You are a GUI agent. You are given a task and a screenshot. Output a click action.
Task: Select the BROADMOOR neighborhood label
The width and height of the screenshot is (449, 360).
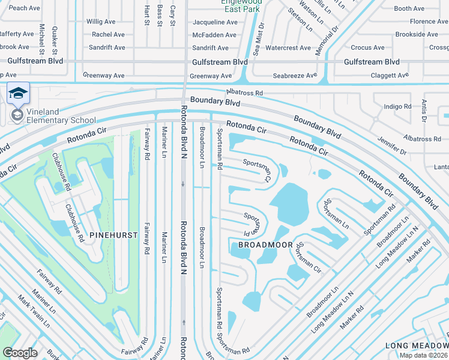(265, 245)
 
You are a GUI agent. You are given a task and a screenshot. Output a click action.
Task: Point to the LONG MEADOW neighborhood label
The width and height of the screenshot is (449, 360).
(416, 345)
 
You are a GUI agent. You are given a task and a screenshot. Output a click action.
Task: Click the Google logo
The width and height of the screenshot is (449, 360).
(20, 352)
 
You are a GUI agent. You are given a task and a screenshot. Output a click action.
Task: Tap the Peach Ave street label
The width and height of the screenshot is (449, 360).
(25, 8)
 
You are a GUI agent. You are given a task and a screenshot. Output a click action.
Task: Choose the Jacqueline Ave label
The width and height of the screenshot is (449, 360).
(214, 22)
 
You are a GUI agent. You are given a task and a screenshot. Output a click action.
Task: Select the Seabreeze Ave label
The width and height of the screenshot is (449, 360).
(294, 76)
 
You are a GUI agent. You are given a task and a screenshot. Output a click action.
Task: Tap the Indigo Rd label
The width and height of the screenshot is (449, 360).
(397, 106)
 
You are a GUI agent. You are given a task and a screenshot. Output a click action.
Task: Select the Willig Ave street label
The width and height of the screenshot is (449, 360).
(101, 22)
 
